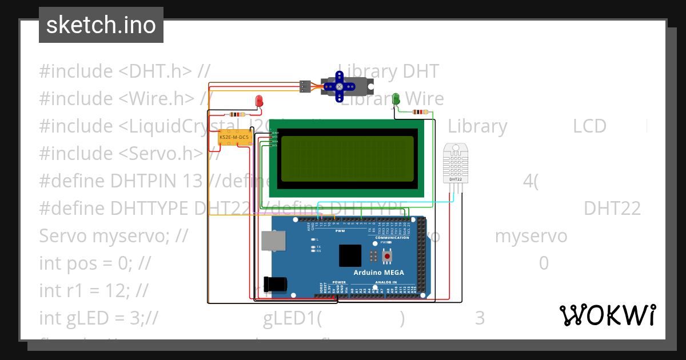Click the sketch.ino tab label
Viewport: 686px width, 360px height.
pos(101,25)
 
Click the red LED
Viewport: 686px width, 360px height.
pos(259,102)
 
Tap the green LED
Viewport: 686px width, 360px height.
pos(396,99)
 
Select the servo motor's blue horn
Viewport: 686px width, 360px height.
pos(339,86)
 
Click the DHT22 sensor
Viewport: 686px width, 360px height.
pos(456,164)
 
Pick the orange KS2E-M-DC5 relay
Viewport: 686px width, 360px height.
pos(234,138)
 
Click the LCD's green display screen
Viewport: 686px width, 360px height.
pos(349,157)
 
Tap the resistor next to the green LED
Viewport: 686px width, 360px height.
pos(420,112)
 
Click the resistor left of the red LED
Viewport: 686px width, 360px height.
pos(236,114)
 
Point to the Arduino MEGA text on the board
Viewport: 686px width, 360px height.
pos(378,273)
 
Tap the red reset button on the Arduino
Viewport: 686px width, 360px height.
pos(388,257)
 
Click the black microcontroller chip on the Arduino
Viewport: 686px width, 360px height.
pos(350,255)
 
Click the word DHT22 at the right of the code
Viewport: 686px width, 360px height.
pos(612,209)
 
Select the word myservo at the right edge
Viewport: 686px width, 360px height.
pos(531,236)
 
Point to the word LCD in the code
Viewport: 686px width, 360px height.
pos(589,126)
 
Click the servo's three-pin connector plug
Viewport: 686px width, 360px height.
pos(305,87)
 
